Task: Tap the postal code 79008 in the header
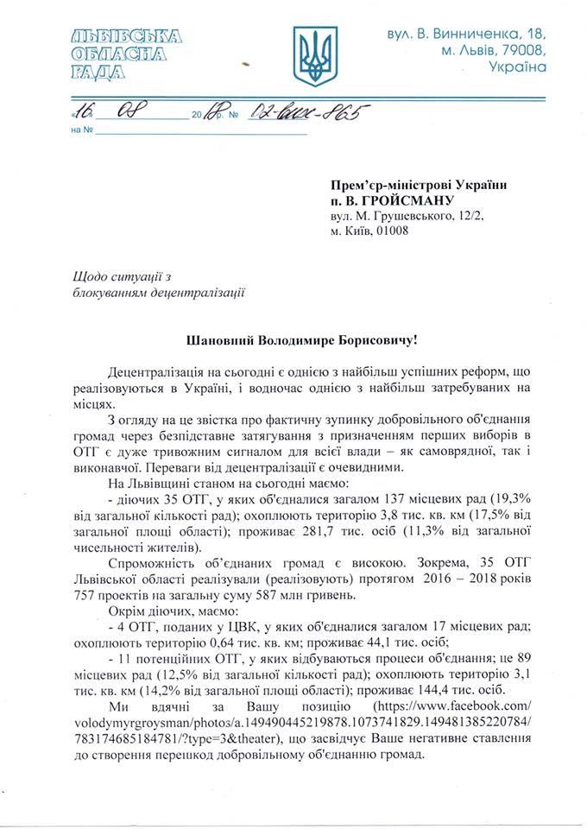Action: click(527, 50)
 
